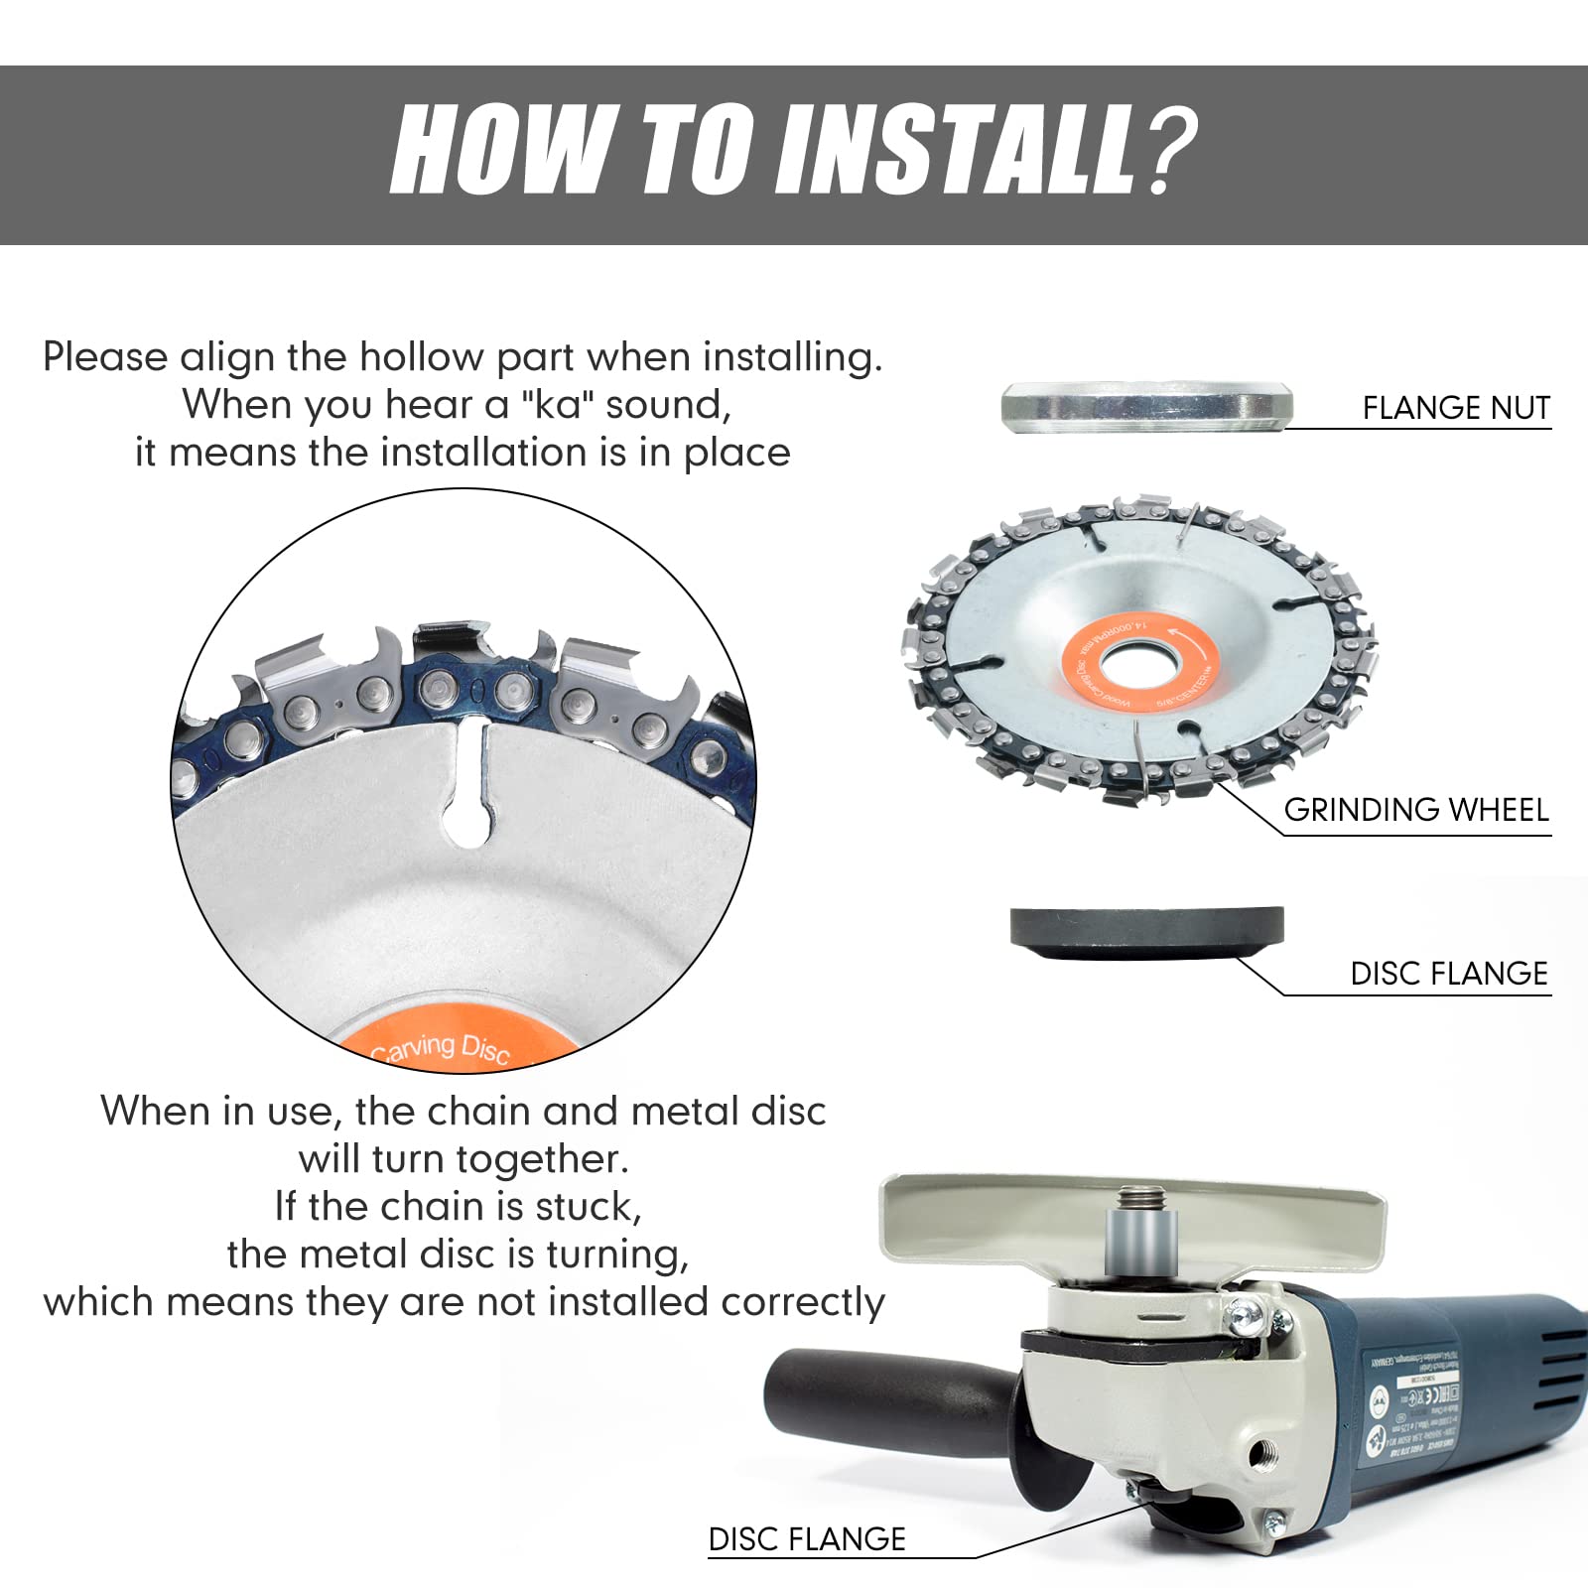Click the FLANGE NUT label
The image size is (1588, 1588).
(x=1455, y=408)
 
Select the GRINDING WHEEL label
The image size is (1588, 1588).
(x=1415, y=810)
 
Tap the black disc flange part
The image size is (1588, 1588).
(x=1146, y=930)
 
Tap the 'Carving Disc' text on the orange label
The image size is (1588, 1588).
(x=443, y=1047)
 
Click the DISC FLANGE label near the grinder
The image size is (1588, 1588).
(x=806, y=1539)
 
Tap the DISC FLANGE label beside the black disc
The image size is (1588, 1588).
(x=1448, y=974)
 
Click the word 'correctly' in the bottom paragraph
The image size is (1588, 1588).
(x=802, y=1302)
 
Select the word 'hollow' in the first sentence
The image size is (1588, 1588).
(x=421, y=357)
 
